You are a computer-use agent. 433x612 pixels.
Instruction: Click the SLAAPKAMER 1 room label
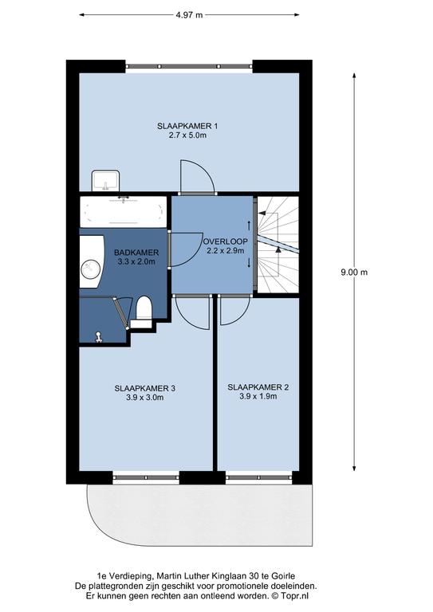(x=187, y=126)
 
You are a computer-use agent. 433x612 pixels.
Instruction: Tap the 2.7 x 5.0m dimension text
(x=187, y=135)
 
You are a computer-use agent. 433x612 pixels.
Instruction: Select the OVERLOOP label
(x=226, y=241)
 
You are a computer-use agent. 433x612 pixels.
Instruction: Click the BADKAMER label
(x=136, y=253)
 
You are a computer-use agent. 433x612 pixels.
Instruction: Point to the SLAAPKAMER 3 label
(x=145, y=388)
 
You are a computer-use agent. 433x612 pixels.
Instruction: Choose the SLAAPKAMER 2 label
(x=258, y=387)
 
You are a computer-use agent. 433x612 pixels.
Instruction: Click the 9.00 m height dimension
(x=354, y=272)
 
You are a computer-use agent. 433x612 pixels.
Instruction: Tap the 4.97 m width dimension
(x=189, y=15)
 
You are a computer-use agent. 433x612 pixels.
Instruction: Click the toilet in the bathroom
(x=143, y=312)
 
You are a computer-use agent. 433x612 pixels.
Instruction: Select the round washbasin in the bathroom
(x=91, y=269)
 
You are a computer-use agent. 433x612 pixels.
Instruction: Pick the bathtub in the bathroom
(x=124, y=211)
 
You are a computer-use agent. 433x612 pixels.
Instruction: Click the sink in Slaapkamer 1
(x=105, y=180)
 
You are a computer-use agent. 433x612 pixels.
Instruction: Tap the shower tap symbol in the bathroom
(x=99, y=337)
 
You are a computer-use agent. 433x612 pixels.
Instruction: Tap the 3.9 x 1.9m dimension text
(x=258, y=397)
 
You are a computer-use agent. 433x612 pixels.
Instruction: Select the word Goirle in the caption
(x=283, y=575)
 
